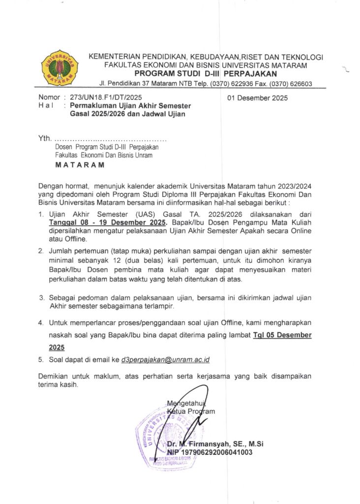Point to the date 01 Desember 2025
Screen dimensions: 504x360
[258, 98]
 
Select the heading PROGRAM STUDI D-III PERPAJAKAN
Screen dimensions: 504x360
[206, 74]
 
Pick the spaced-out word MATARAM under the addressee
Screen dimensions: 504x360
[80, 165]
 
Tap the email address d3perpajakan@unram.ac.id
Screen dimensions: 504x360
[165, 360]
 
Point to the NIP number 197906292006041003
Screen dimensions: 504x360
[210, 452]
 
